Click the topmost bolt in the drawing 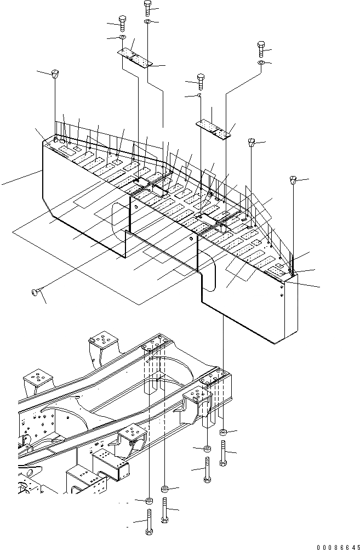(x=147, y=8)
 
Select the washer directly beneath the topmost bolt (x=148, y=21)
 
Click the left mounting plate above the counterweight (x=134, y=57)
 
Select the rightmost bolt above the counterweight (x=261, y=49)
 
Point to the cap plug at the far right (x=293, y=180)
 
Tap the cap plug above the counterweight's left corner (x=55, y=73)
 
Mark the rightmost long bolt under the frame (x=223, y=453)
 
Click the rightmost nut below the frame (x=223, y=433)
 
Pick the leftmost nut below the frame (x=150, y=501)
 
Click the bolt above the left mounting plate (x=122, y=24)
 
